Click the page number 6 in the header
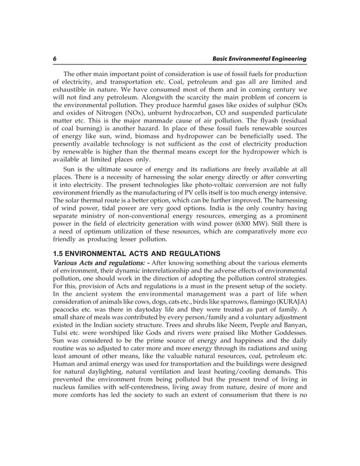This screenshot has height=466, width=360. (55, 59)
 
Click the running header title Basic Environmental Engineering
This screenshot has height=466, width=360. (259, 59)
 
